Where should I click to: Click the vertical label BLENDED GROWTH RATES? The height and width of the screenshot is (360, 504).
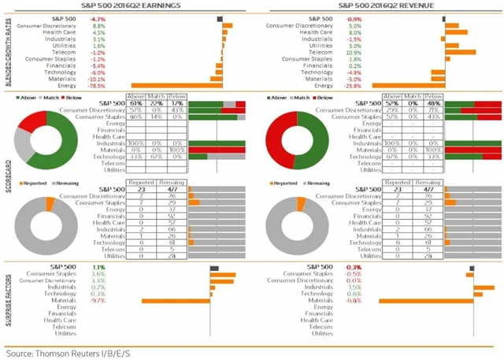click(x=9, y=52)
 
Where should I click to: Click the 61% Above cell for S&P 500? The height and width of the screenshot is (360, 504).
click(x=135, y=103)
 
